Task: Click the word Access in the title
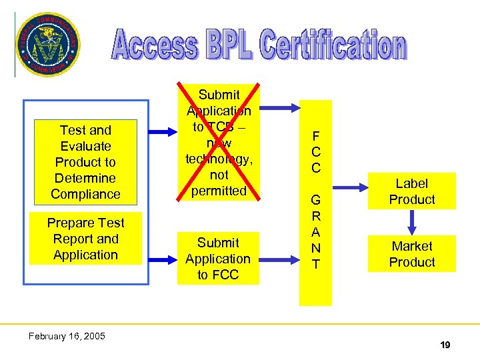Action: click(x=154, y=46)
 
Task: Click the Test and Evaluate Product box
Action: click(x=85, y=162)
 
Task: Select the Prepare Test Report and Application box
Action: click(x=85, y=239)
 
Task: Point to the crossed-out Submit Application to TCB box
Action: click(x=219, y=143)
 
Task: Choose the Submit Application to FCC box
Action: click(x=218, y=259)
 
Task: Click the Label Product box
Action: click(x=411, y=191)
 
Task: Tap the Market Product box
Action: click(x=411, y=254)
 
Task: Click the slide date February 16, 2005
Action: click(x=67, y=336)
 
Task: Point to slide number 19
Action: click(x=445, y=345)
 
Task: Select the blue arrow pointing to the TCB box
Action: click(x=161, y=133)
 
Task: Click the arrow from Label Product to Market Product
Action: click(x=412, y=223)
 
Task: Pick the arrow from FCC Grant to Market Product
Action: click(x=349, y=254)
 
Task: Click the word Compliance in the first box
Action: click(x=85, y=194)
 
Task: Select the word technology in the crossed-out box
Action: click(x=219, y=159)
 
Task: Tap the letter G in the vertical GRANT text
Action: click(x=315, y=201)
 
